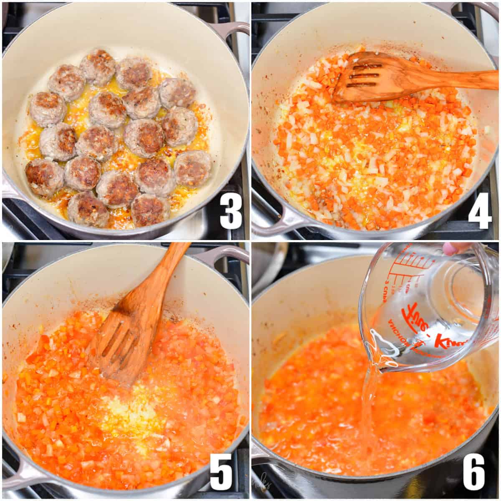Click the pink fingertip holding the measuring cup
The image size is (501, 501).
point(451,249)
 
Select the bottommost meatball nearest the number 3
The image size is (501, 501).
point(149,209)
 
